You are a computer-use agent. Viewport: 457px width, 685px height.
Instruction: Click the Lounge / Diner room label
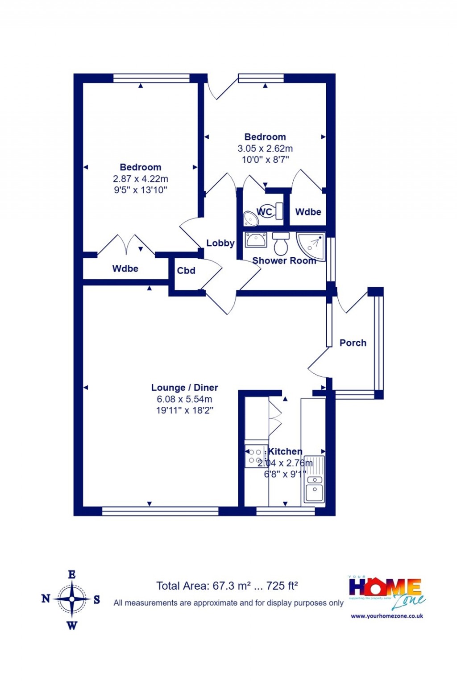click(184, 388)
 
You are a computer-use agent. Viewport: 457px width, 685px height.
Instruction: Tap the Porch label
click(353, 343)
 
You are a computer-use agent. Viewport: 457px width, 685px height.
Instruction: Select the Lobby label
click(220, 243)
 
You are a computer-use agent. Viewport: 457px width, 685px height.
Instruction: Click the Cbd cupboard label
click(186, 271)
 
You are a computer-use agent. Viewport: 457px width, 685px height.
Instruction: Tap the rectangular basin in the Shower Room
click(256, 240)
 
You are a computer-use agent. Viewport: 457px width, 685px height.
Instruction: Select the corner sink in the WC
click(250, 219)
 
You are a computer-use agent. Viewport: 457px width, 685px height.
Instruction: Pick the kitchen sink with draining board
click(315, 480)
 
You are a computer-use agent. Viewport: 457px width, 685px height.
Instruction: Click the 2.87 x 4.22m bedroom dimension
click(140, 179)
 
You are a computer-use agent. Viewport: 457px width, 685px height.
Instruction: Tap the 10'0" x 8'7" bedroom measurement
click(265, 160)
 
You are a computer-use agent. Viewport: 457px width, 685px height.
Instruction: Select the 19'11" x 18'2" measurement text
click(184, 410)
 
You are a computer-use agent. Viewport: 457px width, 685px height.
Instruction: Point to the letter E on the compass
click(72, 575)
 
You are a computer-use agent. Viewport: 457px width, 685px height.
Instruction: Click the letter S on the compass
click(97, 600)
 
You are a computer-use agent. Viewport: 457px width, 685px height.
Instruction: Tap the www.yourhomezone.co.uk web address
click(387, 616)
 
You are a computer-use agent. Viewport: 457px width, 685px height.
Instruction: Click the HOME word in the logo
click(385, 587)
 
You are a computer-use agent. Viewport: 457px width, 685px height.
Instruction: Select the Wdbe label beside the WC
click(308, 212)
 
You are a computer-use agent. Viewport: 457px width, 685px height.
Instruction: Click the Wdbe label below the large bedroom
click(125, 268)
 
